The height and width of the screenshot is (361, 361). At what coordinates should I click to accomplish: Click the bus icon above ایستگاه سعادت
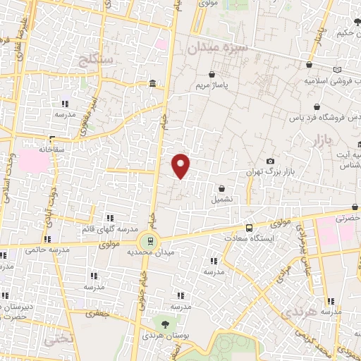248,228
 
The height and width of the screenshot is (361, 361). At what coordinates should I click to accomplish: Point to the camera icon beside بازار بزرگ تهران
270,161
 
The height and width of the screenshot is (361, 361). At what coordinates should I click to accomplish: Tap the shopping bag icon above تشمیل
223,188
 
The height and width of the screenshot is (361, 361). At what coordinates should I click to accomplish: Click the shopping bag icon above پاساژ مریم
212,74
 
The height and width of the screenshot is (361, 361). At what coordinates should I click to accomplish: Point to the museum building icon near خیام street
152,85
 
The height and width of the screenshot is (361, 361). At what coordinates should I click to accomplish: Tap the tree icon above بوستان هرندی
165,324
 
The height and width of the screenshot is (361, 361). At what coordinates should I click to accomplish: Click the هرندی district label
295,311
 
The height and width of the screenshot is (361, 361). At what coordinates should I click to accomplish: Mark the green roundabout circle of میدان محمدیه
146,241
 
